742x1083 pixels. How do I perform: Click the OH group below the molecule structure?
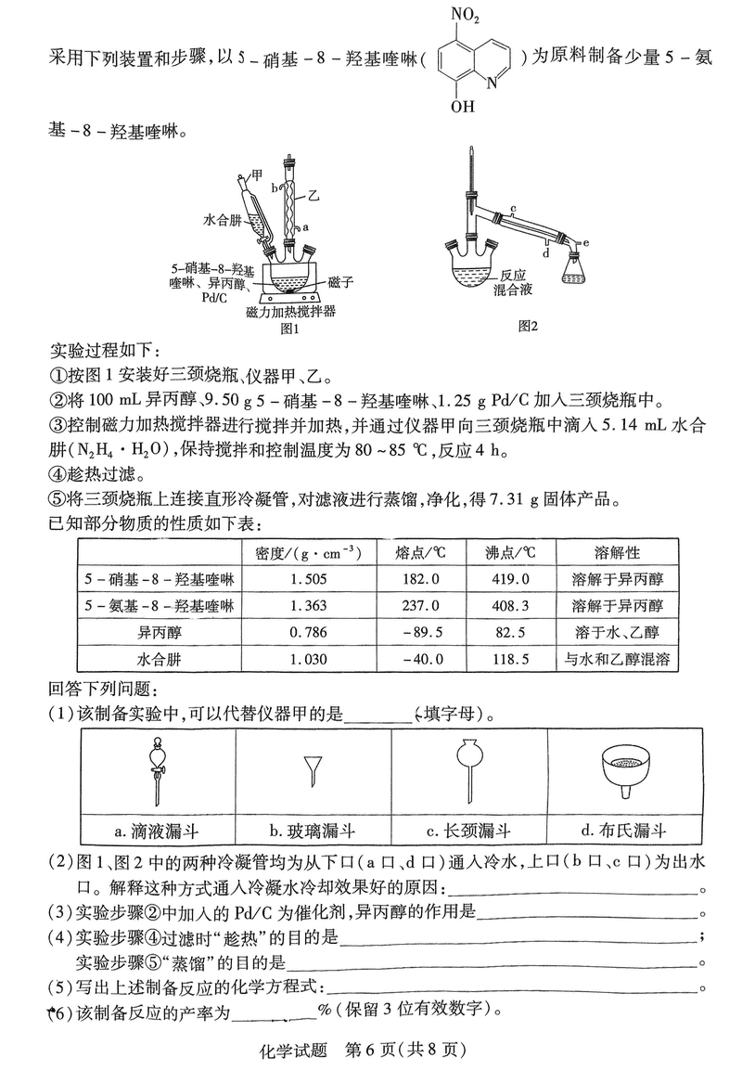(463, 106)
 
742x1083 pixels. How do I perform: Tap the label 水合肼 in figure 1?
(222, 221)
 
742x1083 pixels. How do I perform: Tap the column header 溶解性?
(618, 552)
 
